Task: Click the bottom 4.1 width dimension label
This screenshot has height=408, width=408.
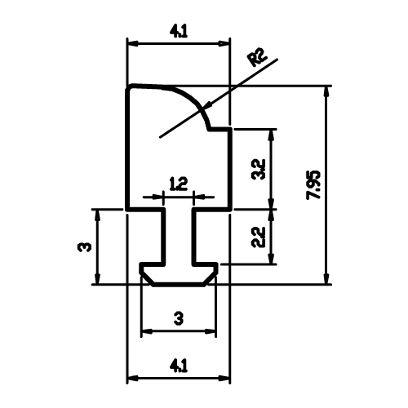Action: pos(179,366)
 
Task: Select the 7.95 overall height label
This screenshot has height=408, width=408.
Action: pos(314,185)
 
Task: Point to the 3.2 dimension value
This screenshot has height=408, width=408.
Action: pos(258,170)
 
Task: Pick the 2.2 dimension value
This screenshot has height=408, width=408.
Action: pos(258,237)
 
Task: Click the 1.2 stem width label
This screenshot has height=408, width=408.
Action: pos(179,184)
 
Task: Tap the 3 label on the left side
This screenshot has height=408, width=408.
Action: pos(85,247)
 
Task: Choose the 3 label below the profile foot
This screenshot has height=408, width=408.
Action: pos(179,318)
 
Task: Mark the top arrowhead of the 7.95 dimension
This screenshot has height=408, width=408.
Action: pos(326,92)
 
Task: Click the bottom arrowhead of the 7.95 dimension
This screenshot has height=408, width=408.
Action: pos(326,278)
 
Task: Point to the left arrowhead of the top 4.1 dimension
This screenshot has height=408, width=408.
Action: pos(133,43)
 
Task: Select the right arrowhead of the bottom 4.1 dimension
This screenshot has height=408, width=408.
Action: pos(224,378)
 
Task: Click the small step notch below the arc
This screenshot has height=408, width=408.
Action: pos(218,129)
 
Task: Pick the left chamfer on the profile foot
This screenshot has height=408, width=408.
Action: pos(147,279)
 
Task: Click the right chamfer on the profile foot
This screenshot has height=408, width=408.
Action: pos(210,279)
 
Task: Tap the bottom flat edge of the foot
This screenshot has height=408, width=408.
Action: pos(179,285)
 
